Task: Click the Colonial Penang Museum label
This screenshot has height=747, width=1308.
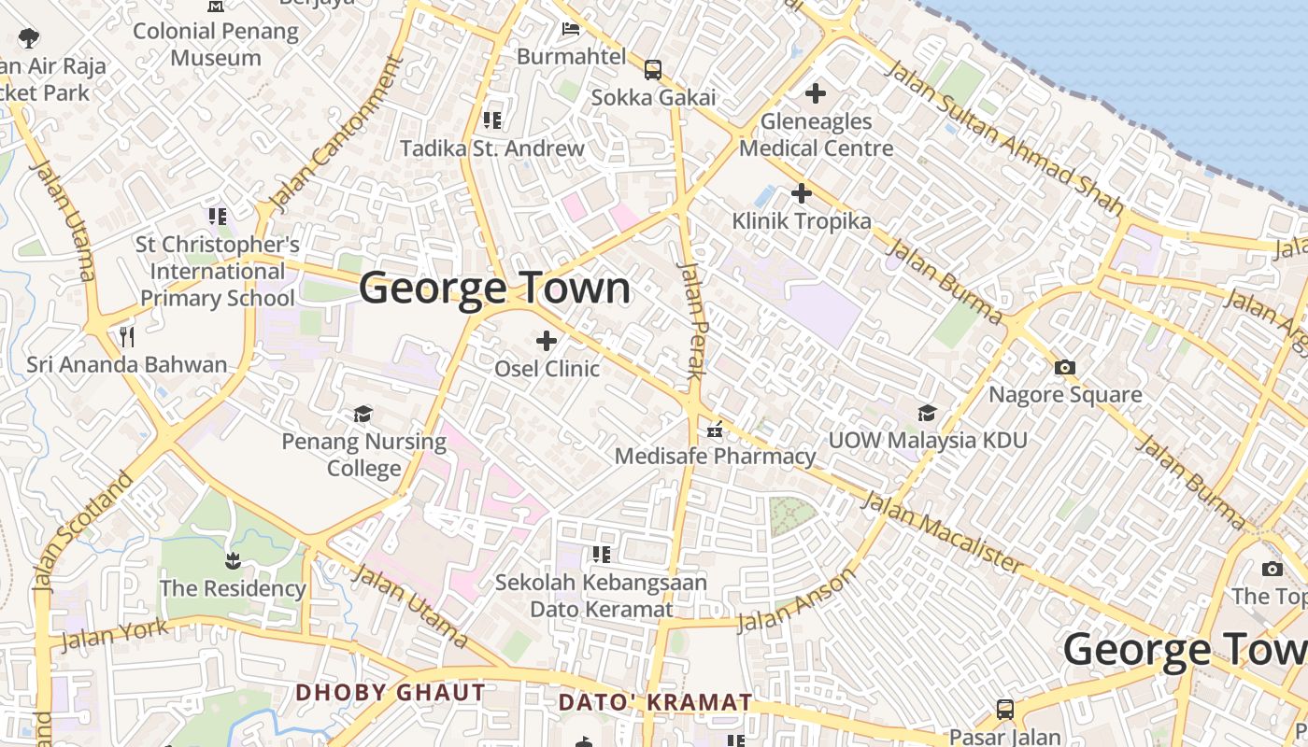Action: pos(216,44)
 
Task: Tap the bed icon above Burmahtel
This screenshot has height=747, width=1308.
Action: pos(570,29)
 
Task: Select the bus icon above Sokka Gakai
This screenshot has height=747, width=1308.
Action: pos(653,69)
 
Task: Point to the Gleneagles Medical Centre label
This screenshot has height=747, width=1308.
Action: pos(816,134)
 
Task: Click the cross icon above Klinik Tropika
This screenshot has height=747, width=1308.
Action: pos(801,193)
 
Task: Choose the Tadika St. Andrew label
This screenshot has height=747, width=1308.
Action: pos(492,148)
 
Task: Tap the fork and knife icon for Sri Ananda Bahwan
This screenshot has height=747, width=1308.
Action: pos(127,336)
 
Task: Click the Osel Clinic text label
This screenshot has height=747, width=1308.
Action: pos(547,368)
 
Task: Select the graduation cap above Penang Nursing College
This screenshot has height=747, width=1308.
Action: pos(363,414)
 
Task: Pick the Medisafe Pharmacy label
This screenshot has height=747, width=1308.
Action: pos(715,456)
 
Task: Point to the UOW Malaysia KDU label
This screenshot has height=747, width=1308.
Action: pos(928,440)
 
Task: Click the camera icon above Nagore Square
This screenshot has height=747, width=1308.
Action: pos(1064,367)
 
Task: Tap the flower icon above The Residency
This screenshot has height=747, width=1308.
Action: pos(232,560)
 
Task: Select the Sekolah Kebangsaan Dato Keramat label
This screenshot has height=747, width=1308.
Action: pos(601,595)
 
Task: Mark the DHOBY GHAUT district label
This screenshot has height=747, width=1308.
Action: pos(391,692)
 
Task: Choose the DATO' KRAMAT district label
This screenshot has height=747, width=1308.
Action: pos(655,701)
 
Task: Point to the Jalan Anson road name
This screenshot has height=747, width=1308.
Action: pos(796,599)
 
